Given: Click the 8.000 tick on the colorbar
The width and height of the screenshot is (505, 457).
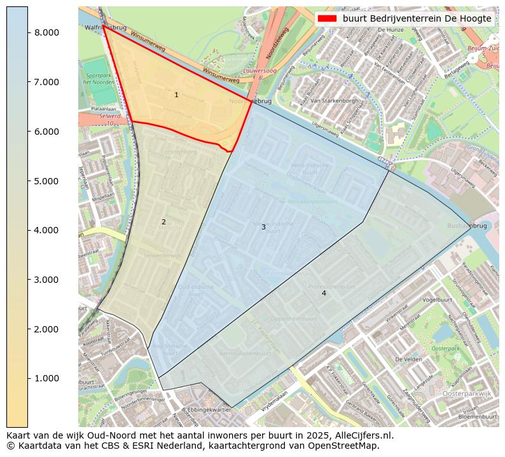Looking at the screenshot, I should coord(47,32).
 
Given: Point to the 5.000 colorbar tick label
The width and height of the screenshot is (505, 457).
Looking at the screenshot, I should coord(47,181).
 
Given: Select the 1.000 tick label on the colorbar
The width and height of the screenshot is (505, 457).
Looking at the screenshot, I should coord(47,379).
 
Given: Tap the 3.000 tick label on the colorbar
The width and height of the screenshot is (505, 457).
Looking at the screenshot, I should coord(47,280).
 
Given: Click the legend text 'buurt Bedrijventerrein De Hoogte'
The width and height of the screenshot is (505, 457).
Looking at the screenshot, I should coord(417,18).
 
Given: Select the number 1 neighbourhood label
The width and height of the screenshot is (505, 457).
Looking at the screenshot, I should coord(176,95).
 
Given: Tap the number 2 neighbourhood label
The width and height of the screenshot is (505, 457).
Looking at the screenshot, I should coord(163,222).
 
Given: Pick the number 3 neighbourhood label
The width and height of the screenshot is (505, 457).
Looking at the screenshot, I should coord(263,227).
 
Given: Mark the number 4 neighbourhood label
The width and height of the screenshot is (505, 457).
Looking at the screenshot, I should coord(324,293).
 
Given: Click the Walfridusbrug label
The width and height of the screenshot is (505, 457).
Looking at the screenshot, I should coord(106,28).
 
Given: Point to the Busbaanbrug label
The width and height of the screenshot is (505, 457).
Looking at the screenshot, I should coord(467,226).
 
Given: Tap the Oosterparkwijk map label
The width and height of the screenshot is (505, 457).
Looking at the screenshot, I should coord(467,395).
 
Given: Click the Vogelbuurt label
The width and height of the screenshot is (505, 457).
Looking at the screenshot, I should coord(437,299).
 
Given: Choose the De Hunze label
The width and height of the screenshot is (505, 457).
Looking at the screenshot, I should coord(392,30).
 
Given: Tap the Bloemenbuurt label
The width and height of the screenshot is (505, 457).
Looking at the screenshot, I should coord(477,416).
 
